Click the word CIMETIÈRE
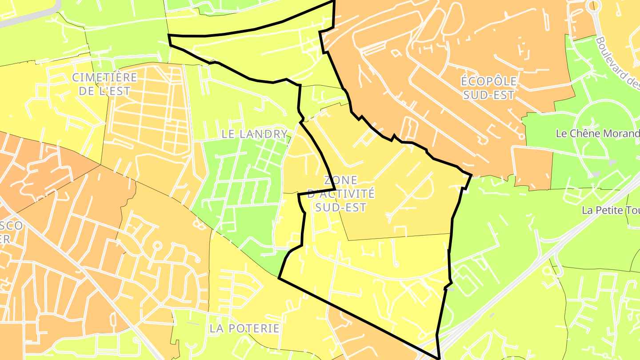click(105, 78)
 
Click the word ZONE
click(340, 180)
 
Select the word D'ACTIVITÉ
click(341, 194)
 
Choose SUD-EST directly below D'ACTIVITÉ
click(341, 207)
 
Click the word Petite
click(610, 211)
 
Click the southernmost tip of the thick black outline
click(439, 358)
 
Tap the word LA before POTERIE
click(217, 328)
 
